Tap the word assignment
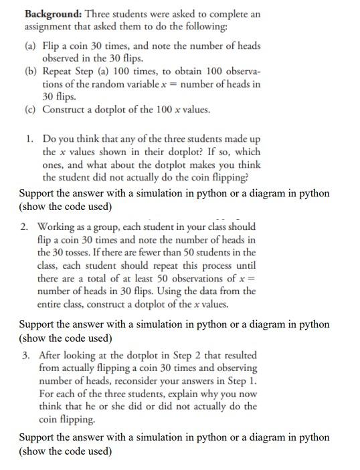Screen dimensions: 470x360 pyautogui.click(x=50, y=27)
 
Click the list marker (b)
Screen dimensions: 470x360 pyautogui.click(x=31, y=71)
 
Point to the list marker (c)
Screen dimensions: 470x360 pyautogui.click(x=31, y=109)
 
